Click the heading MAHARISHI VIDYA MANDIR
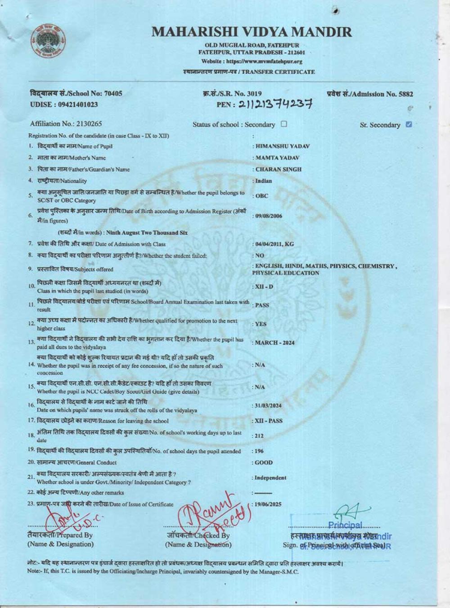pos(252,32)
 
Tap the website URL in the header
pos(252,61)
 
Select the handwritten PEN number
pos(274,104)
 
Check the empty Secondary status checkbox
pos(284,124)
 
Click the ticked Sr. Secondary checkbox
pos(409,124)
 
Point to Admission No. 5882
pos(370,94)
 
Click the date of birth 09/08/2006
pos(269,216)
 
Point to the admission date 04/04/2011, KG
pos(274,244)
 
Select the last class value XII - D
pos(264,287)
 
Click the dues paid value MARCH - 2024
pos(274,343)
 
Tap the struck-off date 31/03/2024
pos(268,405)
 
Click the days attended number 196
pos(259,451)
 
